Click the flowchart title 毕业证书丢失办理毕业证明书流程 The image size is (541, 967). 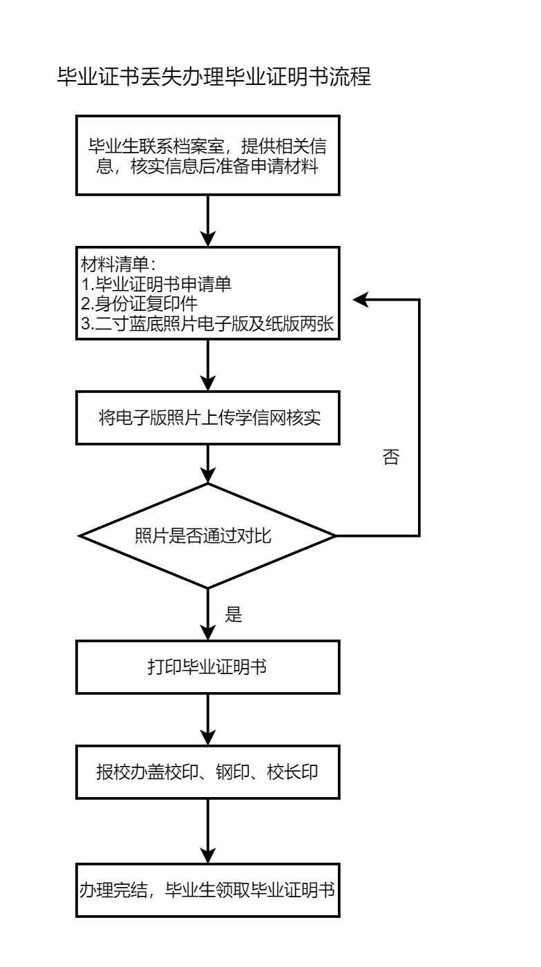pyautogui.click(x=214, y=77)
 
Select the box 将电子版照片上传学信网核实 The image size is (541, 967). pyautogui.click(x=208, y=418)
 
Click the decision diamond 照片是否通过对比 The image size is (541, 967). pyautogui.click(x=208, y=536)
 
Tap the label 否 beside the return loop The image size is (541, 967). pyautogui.click(x=390, y=458)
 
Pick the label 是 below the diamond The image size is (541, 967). pyautogui.click(x=234, y=615)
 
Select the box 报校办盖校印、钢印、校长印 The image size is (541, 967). pyautogui.click(x=208, y=772)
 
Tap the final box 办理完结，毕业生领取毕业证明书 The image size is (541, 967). pyautogui.click(x=208, y=890)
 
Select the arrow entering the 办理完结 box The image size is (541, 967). pyautogui.click(x=208, y=829)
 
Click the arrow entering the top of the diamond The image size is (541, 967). pyautogui.click(x=208, y=463)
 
